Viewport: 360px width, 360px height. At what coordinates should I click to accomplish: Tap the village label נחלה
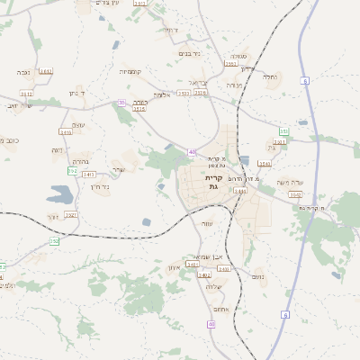click(268, 77)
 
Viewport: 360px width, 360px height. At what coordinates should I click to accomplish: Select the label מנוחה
click(234, 85)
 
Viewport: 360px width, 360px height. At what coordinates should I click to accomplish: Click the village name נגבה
click(24, 72)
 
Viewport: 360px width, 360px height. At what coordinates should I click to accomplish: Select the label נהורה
click(78, 162)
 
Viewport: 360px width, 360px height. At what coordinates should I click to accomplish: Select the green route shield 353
click(283, 131)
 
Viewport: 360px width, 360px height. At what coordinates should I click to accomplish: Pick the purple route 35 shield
click(122, 103)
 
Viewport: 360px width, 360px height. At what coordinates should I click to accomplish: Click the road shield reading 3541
click(264, 164)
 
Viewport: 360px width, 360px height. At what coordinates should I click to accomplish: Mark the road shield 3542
click(295, 193)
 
